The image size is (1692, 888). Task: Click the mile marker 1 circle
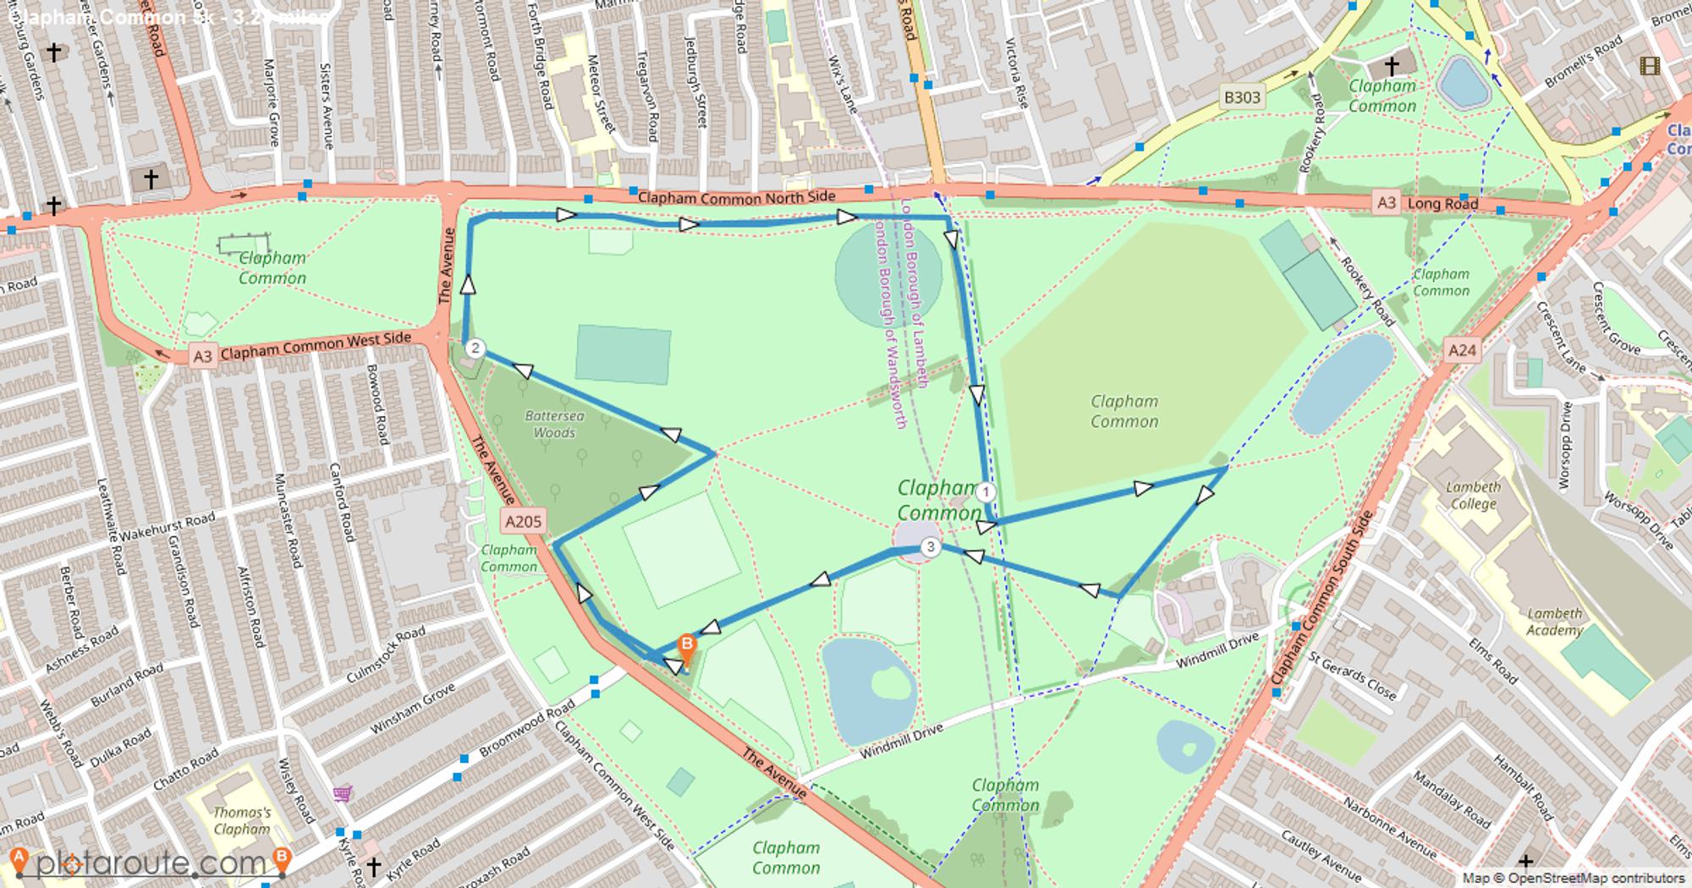click(x=985, y=492)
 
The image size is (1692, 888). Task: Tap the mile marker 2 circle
click(x=475, y=348)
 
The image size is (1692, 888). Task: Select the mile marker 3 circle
click(x=931, y=547)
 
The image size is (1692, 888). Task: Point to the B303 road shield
click(x=1242, y=97)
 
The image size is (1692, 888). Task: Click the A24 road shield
click(x=1462, y=350)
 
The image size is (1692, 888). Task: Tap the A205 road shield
click(x=522, y=521)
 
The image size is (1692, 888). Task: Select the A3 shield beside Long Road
click(x=1386, y=202)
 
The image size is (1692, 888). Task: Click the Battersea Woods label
click(x=554, y=424)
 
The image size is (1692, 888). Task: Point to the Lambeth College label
click(x=1473, y=496)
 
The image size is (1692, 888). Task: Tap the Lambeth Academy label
click(x=1554, y=622)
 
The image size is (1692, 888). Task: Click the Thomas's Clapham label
click(x=242, y=820)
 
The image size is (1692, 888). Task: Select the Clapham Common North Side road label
click(x=736, y=198)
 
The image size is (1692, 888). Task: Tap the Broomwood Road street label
click(x=526, y=732)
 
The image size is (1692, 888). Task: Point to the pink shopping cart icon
click(x=343, y=794)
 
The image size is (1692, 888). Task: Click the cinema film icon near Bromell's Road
click(x=1649, y=66)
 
